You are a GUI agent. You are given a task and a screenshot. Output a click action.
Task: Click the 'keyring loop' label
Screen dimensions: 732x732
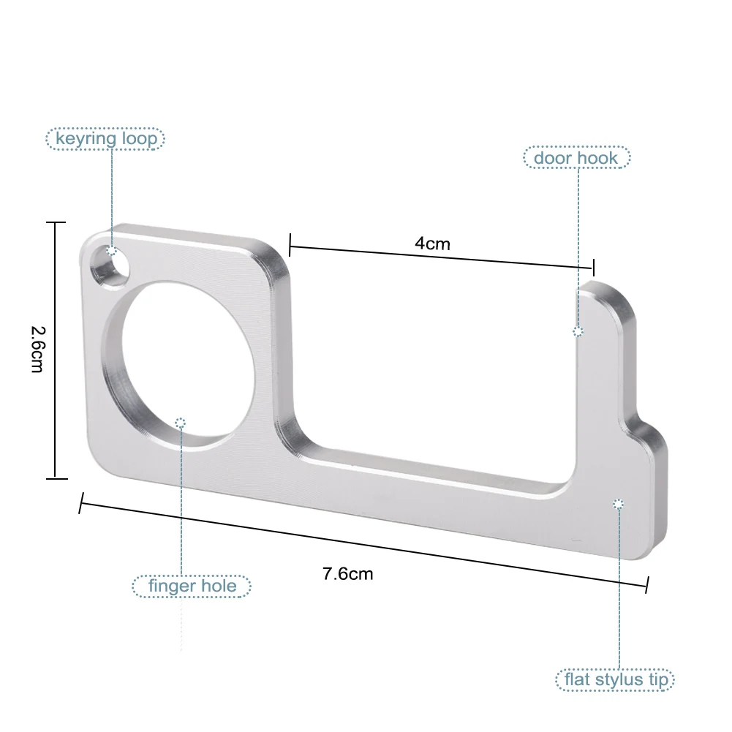[x=105, y=138]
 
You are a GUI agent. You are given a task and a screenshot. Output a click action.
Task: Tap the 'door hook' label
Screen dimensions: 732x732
[x=576, y=157]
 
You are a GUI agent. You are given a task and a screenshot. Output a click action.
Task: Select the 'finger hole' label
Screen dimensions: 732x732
[x=192, y=586]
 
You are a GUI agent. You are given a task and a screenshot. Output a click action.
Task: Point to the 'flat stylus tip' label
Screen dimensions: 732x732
[x=616, y=680]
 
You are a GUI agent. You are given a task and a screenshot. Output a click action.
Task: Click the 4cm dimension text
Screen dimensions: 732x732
[x=432, y=244]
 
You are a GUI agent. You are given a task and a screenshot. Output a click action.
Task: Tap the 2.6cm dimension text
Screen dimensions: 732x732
[x=37, y=350]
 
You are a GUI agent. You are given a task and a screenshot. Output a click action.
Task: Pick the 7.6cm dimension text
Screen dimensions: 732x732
[x=347, y=574]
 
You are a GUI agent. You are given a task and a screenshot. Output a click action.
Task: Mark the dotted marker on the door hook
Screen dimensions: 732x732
[x=578, y=331]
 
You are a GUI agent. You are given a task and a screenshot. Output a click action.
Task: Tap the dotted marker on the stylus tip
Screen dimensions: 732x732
[x=618, y=503]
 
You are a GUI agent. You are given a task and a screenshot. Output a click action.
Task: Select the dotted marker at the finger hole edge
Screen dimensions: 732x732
[x=181, y=422]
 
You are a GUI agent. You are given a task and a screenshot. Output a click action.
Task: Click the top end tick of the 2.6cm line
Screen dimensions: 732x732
[x=56, y=222]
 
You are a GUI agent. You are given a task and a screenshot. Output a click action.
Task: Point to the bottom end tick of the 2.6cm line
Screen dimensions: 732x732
[x=56, y=478]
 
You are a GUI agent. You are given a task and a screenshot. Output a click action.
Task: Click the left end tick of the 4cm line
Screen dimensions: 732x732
[x=290, y=244]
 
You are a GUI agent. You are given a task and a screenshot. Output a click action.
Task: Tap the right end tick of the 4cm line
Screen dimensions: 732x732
[x=594, y=267]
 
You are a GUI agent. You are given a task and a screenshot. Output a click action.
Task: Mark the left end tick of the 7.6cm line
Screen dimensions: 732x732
[x=80, y=503]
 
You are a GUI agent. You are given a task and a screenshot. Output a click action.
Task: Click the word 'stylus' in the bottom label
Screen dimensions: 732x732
[x=611, y=680]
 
